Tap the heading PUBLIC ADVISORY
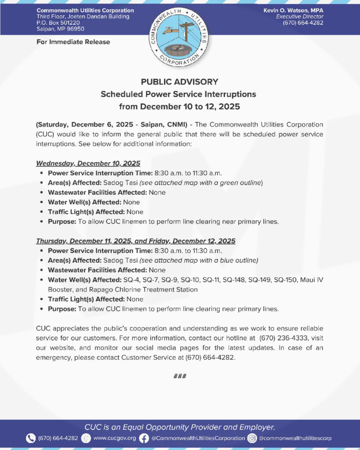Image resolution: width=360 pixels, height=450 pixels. (179, 82)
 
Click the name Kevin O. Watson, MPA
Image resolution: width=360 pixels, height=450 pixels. (293, 10)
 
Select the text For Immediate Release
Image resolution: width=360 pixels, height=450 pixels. (73, 42)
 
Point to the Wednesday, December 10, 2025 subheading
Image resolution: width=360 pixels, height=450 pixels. (88, 163)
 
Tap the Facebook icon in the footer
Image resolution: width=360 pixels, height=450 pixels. (144, 438)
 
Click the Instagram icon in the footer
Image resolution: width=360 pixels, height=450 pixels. (252, 438)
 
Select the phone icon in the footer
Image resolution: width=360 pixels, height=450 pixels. (30, 438)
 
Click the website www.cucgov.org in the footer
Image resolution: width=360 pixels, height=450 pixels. (115, 438)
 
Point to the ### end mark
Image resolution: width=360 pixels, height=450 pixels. (180, 376)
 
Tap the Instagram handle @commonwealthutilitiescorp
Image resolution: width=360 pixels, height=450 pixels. (295, 438)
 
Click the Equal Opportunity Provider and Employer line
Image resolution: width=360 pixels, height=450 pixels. (180, 427)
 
